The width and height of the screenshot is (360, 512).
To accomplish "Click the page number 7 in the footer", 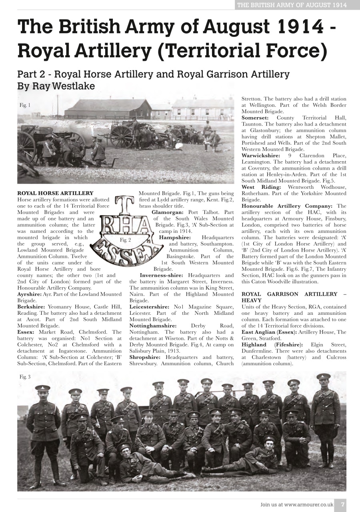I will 342,504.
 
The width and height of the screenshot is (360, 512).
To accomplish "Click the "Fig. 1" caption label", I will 25,105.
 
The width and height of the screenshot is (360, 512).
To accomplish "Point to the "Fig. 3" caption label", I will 25,377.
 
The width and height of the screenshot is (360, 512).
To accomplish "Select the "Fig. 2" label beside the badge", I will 126,240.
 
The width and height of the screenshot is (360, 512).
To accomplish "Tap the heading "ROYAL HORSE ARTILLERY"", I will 56,193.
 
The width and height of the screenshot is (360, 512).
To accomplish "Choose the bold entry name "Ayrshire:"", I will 30,294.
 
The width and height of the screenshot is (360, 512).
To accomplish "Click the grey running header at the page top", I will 292,5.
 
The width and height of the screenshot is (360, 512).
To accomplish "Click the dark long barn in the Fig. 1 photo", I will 108,108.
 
